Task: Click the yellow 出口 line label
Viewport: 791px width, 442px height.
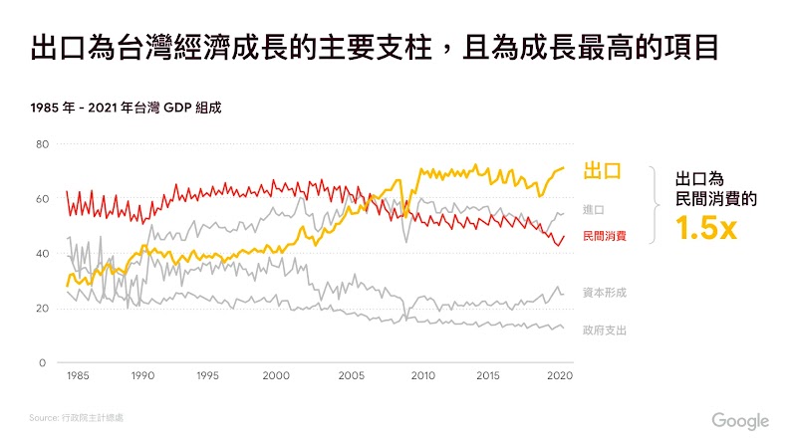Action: pyautogui.click(x=603, y=170)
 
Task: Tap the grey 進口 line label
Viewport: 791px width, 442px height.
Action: pyautogui.click(x=594, y=209)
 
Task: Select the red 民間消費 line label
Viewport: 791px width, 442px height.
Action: pyautogui.click(x=604, y=235)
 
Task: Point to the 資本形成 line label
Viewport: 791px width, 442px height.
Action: pyautogui.click(x=604, y=293)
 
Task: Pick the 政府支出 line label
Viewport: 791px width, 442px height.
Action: pyautogui.click(x=604, y=329)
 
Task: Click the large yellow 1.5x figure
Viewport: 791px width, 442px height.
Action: pyautogui.click(x=706, y=229)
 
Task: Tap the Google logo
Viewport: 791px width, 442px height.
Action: pyautogui.click(x=740, y=420)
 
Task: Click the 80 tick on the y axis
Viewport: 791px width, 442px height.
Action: pyautogui.click(x=43, y=144)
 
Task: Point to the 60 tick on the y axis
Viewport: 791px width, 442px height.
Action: pyautogui.click(x=43, y=199)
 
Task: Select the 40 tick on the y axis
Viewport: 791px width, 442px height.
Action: pyautogui.click(x=43, y=254)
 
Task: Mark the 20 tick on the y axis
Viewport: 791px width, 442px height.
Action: pyautogui.click(x=43, y=309)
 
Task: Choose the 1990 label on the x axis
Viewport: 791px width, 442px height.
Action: pyautogui.click(x=143, y=376)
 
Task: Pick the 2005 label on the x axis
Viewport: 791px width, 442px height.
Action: pyautogui.click(x=350, y=376)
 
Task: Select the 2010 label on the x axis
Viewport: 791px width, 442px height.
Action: pyautogui.click(x=422, y=376)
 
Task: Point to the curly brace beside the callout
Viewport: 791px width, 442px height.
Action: pyautogui.click(x=657, y=204)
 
